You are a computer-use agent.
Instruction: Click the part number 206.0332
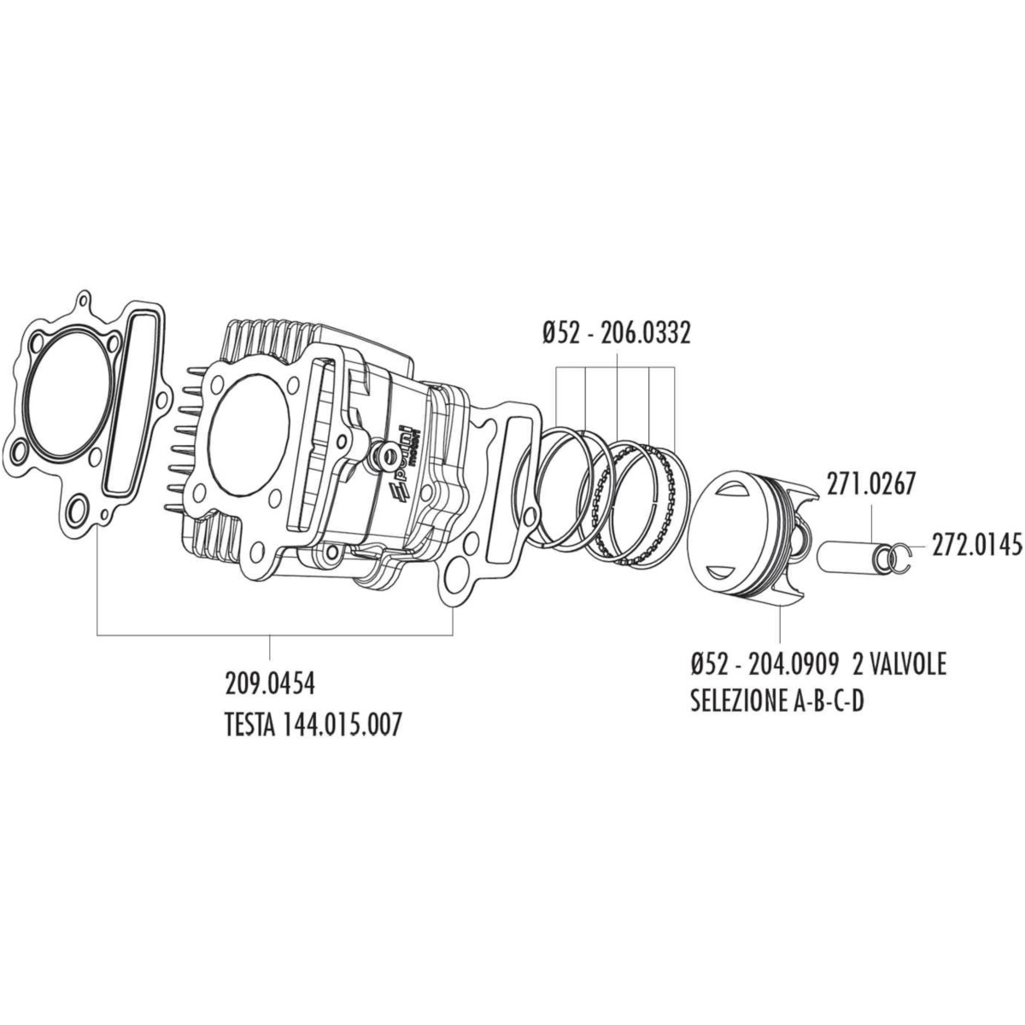645,334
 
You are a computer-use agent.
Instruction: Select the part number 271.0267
870,484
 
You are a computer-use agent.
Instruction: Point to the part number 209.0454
269,684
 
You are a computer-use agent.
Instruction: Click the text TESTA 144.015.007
311,724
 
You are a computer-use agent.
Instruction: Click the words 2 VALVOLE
899,665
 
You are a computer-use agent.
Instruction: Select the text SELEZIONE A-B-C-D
777,702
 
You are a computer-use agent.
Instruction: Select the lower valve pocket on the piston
724,571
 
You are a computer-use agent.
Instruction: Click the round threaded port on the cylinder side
386,440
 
